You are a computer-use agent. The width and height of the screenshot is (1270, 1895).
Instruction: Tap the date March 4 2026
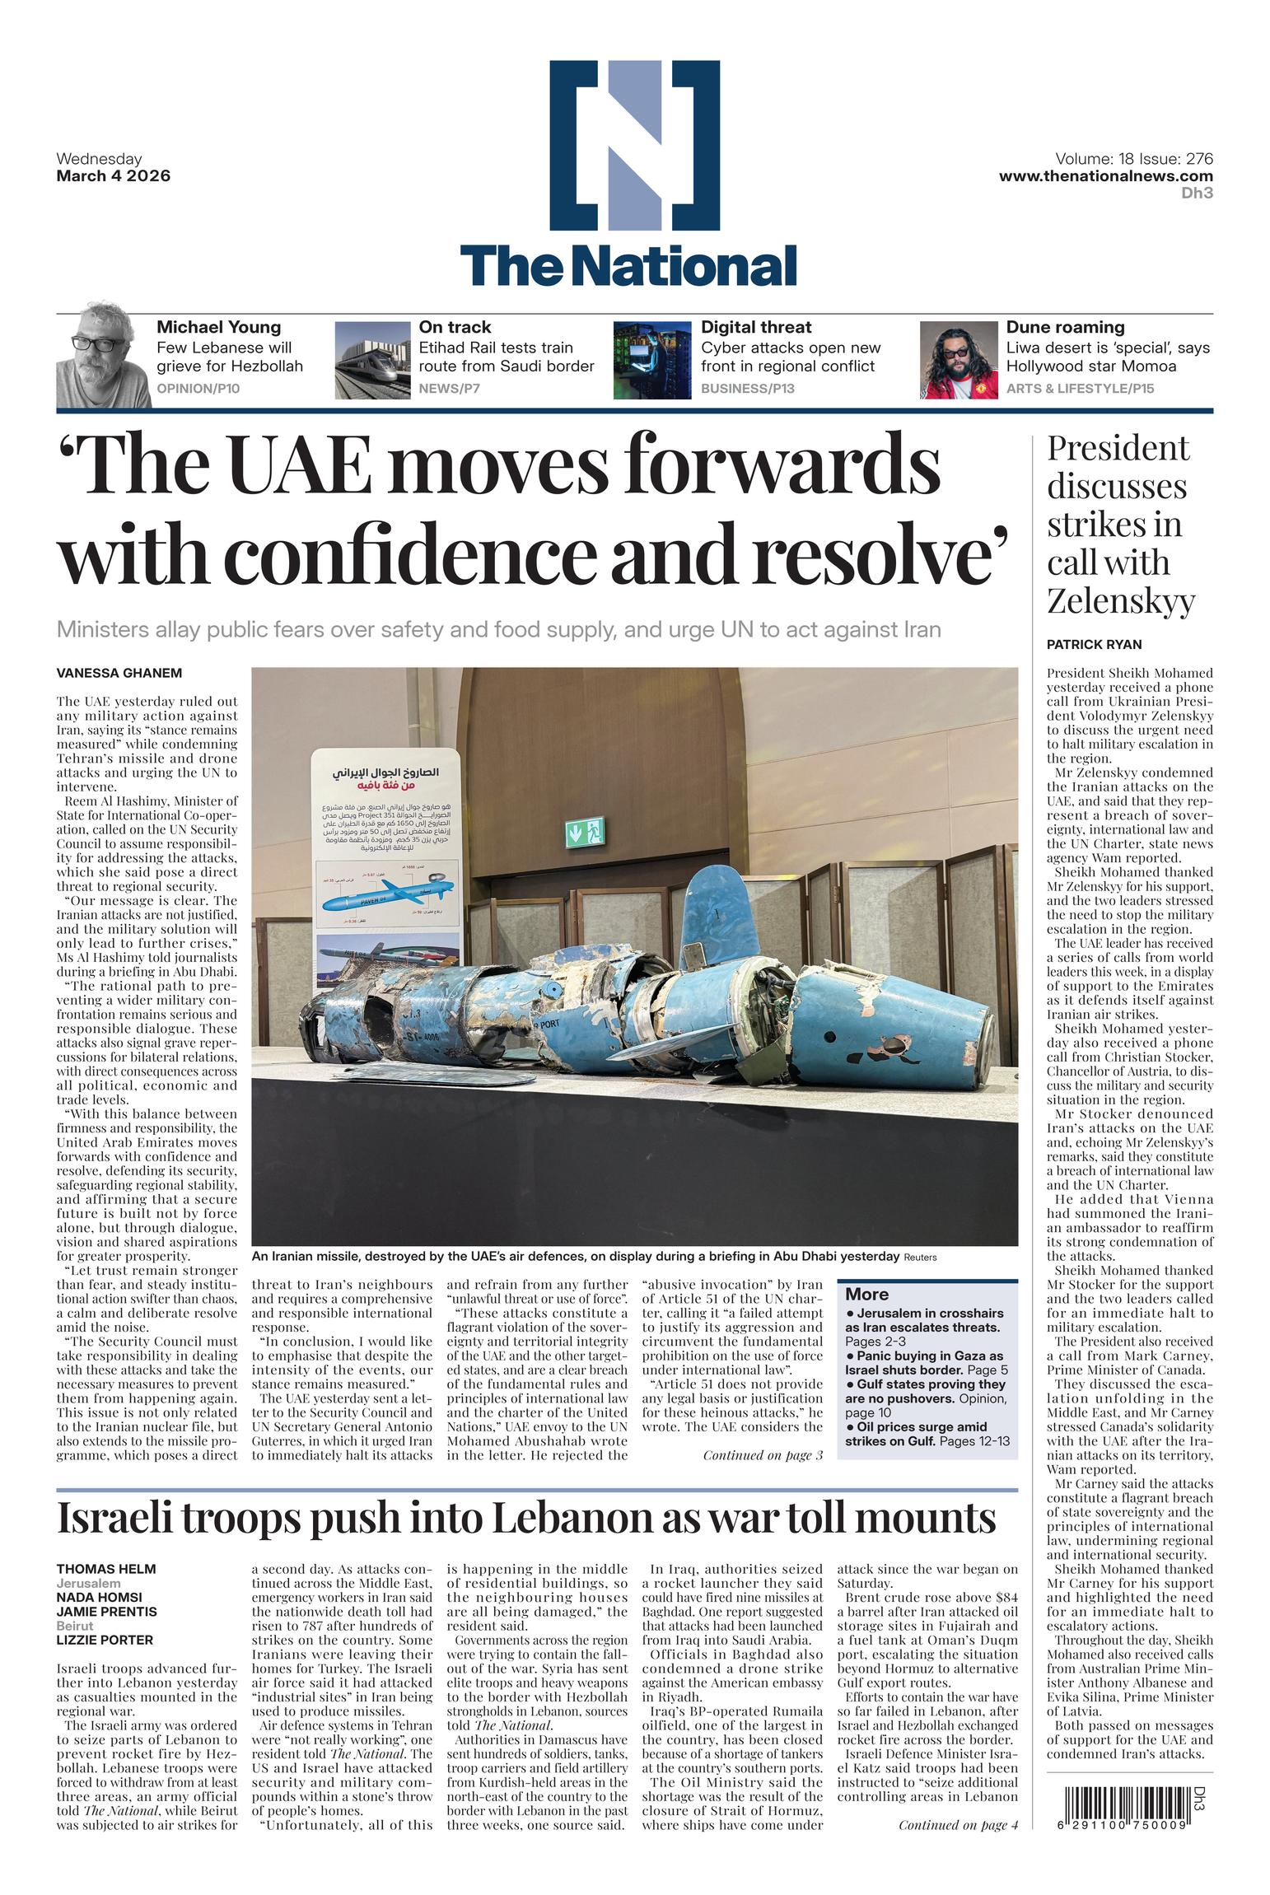(113, 175)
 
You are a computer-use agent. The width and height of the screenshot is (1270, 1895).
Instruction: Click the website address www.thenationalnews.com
(1105, 175)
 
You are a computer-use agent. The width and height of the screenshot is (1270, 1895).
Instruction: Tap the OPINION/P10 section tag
(198, 388)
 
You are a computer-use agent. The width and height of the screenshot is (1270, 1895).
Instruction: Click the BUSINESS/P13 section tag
(747, 388)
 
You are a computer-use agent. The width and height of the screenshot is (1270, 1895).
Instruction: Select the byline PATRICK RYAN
(1094, 644)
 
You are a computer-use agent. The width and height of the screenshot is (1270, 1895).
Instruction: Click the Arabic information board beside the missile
(387, 865)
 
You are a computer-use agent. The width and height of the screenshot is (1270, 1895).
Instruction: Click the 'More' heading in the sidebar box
(866, 1294)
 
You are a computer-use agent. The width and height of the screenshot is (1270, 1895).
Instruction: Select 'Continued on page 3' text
(762, 1455)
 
